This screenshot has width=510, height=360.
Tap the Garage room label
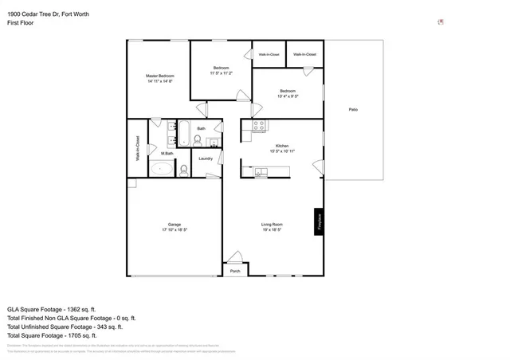pyautogui.click(x=175, y=224)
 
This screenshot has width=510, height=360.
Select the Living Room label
pyautogui.click(x=273, y=224)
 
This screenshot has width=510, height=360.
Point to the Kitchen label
pyautogui.click(x=282, y=146)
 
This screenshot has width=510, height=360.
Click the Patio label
pyautogui.click(x=352, y=109)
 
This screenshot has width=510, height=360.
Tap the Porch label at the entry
pyautogui.click(x=235, y=272)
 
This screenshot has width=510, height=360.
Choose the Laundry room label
pyautogui.click(x=206, y=158)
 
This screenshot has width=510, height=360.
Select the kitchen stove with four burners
pyautogui.click(x=259, y=126)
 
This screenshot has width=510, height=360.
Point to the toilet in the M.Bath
pyautogui.click(x=183, y=168)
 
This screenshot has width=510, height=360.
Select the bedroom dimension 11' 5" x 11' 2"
pyautogui.click(x=221, y=72)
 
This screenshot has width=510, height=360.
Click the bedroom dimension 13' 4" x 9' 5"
pyautogui.click(x=288, y=96)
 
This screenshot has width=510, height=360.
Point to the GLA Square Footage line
pyautogui.click(x=52, y=307)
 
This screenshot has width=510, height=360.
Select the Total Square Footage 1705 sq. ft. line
pyautogui.click(x=53, y=335)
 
